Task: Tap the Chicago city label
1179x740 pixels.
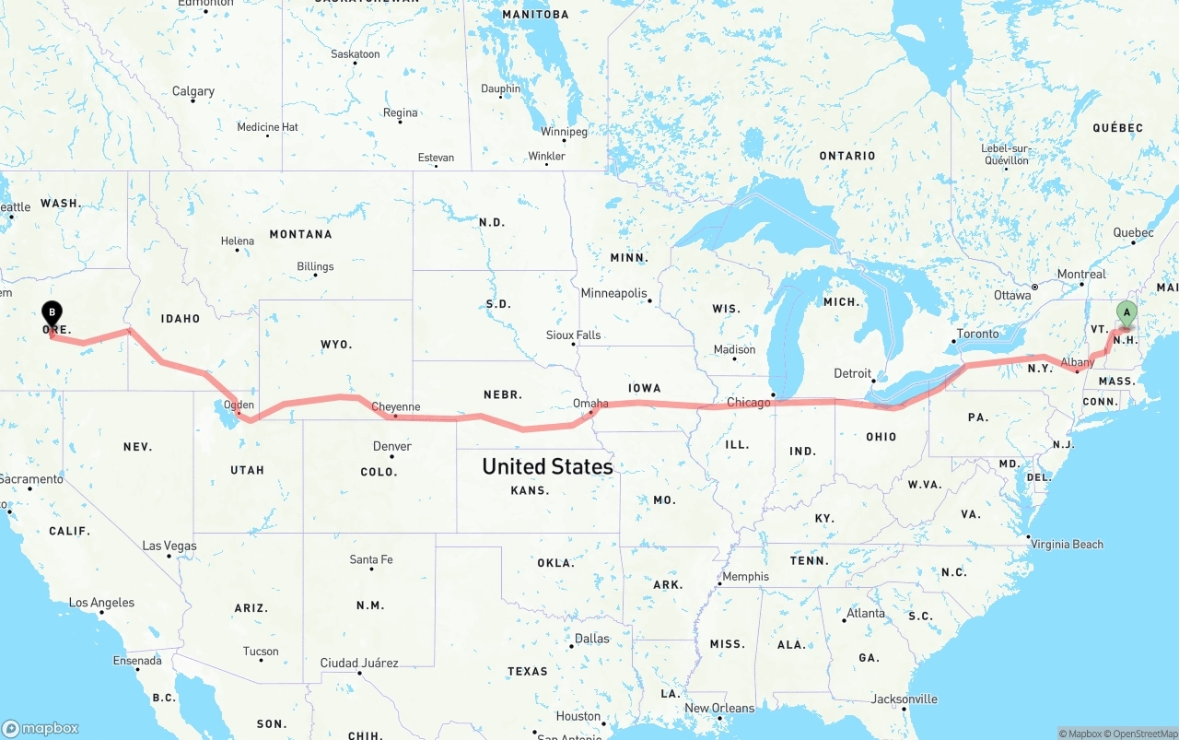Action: pyautogui.click(x=748, y=403)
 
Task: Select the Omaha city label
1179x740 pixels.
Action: pyautogui.click(x=590, y=403)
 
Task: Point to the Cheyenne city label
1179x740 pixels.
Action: pyautogui.click(x=395, y=406)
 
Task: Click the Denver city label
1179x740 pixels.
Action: pyautogui.click(x=392, y=446)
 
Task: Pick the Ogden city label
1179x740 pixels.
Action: pyautogui.click(x=239, y=405)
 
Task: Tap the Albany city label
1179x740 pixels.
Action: pyautogui.click(x=1077, y=363)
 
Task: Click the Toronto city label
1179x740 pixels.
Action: pyautogui.click(x=977, y=334)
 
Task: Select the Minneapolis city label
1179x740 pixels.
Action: pyautogui.click(x=613, y=293)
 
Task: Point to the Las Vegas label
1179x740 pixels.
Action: pyautogui.click(x=169, y=546)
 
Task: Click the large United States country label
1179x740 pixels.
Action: pyautogui.click(x=547, y=466)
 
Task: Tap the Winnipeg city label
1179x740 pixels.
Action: pyautogui.click(x=564, y=132)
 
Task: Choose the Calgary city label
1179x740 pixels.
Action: pyautogui.click(x=193, y=91)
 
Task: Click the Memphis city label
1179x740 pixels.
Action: pyautogui.click(x=745, y=577)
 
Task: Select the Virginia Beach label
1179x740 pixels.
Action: pyautogui.click(x=1068, y=544)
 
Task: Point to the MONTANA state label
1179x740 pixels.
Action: pyautogui.click(x=300, y=234)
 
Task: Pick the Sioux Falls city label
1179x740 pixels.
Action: pyautogui.click(x=573, y=335)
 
